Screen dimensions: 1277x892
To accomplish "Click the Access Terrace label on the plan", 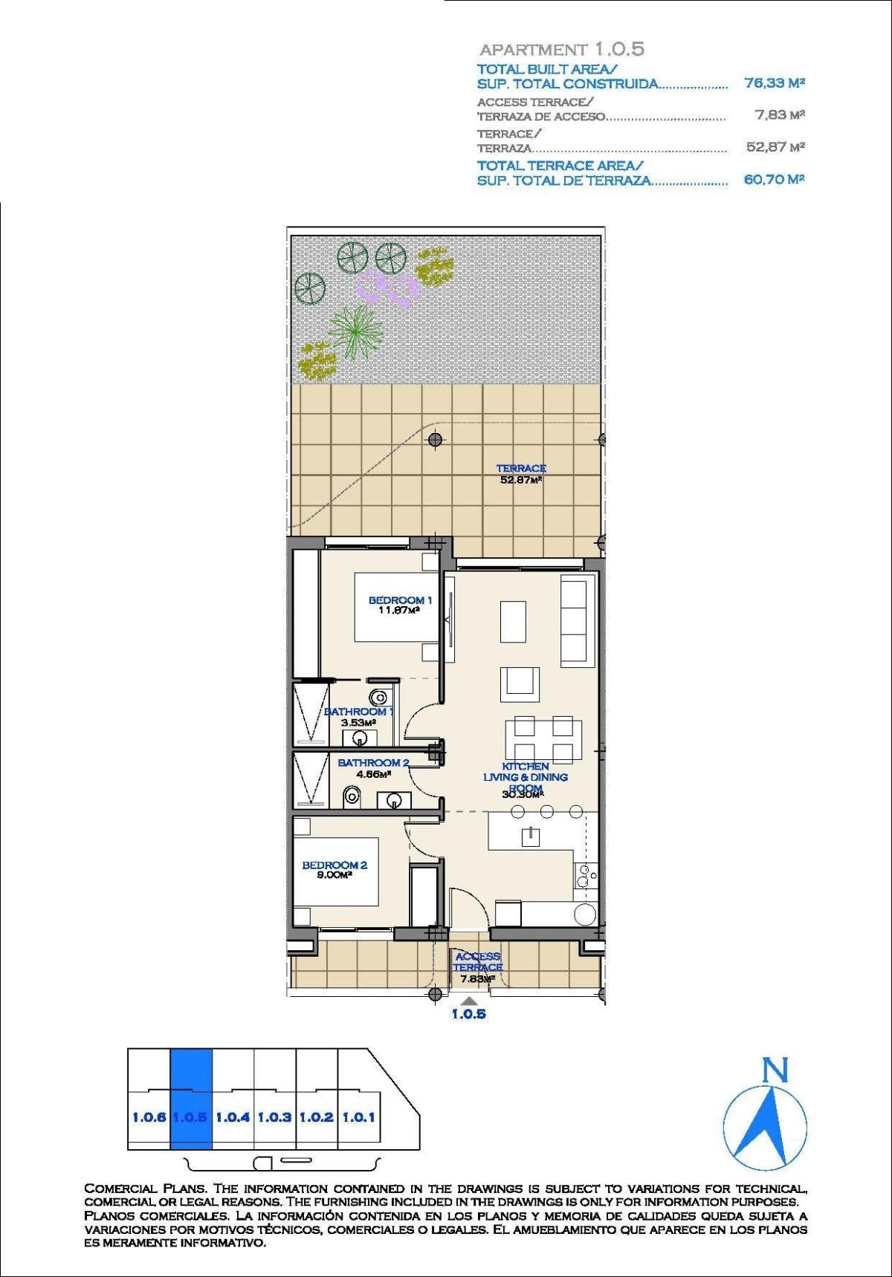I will pos(478,962).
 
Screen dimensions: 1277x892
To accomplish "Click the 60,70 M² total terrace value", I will pos(774,179).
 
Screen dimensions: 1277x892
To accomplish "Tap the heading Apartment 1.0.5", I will pos(561,50).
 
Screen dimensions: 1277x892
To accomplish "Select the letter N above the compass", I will pos(775,1070).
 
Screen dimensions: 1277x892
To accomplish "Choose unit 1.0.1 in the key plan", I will pos(358,1117).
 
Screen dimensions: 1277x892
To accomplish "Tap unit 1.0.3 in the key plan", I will pos(274,1117).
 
